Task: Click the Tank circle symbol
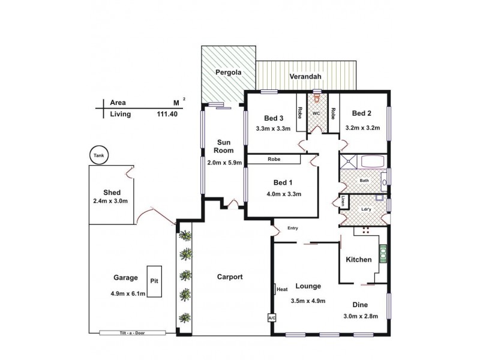click(x=98, y=155)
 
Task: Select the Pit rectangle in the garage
click(x=155, y=280)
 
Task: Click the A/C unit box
click(x=271, y=317)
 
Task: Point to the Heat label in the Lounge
click(x=282, y=289)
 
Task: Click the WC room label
click(x=316, y=113)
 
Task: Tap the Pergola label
click(x=229, y=73)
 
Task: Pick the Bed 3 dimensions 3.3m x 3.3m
click(x=273, y=128)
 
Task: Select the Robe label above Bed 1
click(x=274, y=159)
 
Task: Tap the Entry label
click(x=293, y=227)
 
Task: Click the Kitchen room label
click(x=358, y=259)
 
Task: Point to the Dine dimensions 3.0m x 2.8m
click(x=360, y=317)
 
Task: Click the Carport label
click(x=229, y=277)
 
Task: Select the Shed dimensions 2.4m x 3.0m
click(x=111, y=201)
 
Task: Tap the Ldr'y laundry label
click(x=365, y=210)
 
